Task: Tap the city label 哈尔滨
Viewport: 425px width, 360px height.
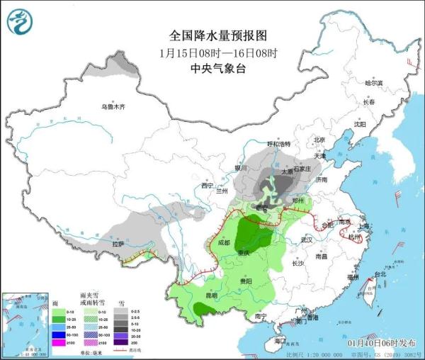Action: point(373,83)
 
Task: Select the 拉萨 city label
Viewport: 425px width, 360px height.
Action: point(118,244)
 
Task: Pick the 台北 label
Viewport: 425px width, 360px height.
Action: point(379,274)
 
